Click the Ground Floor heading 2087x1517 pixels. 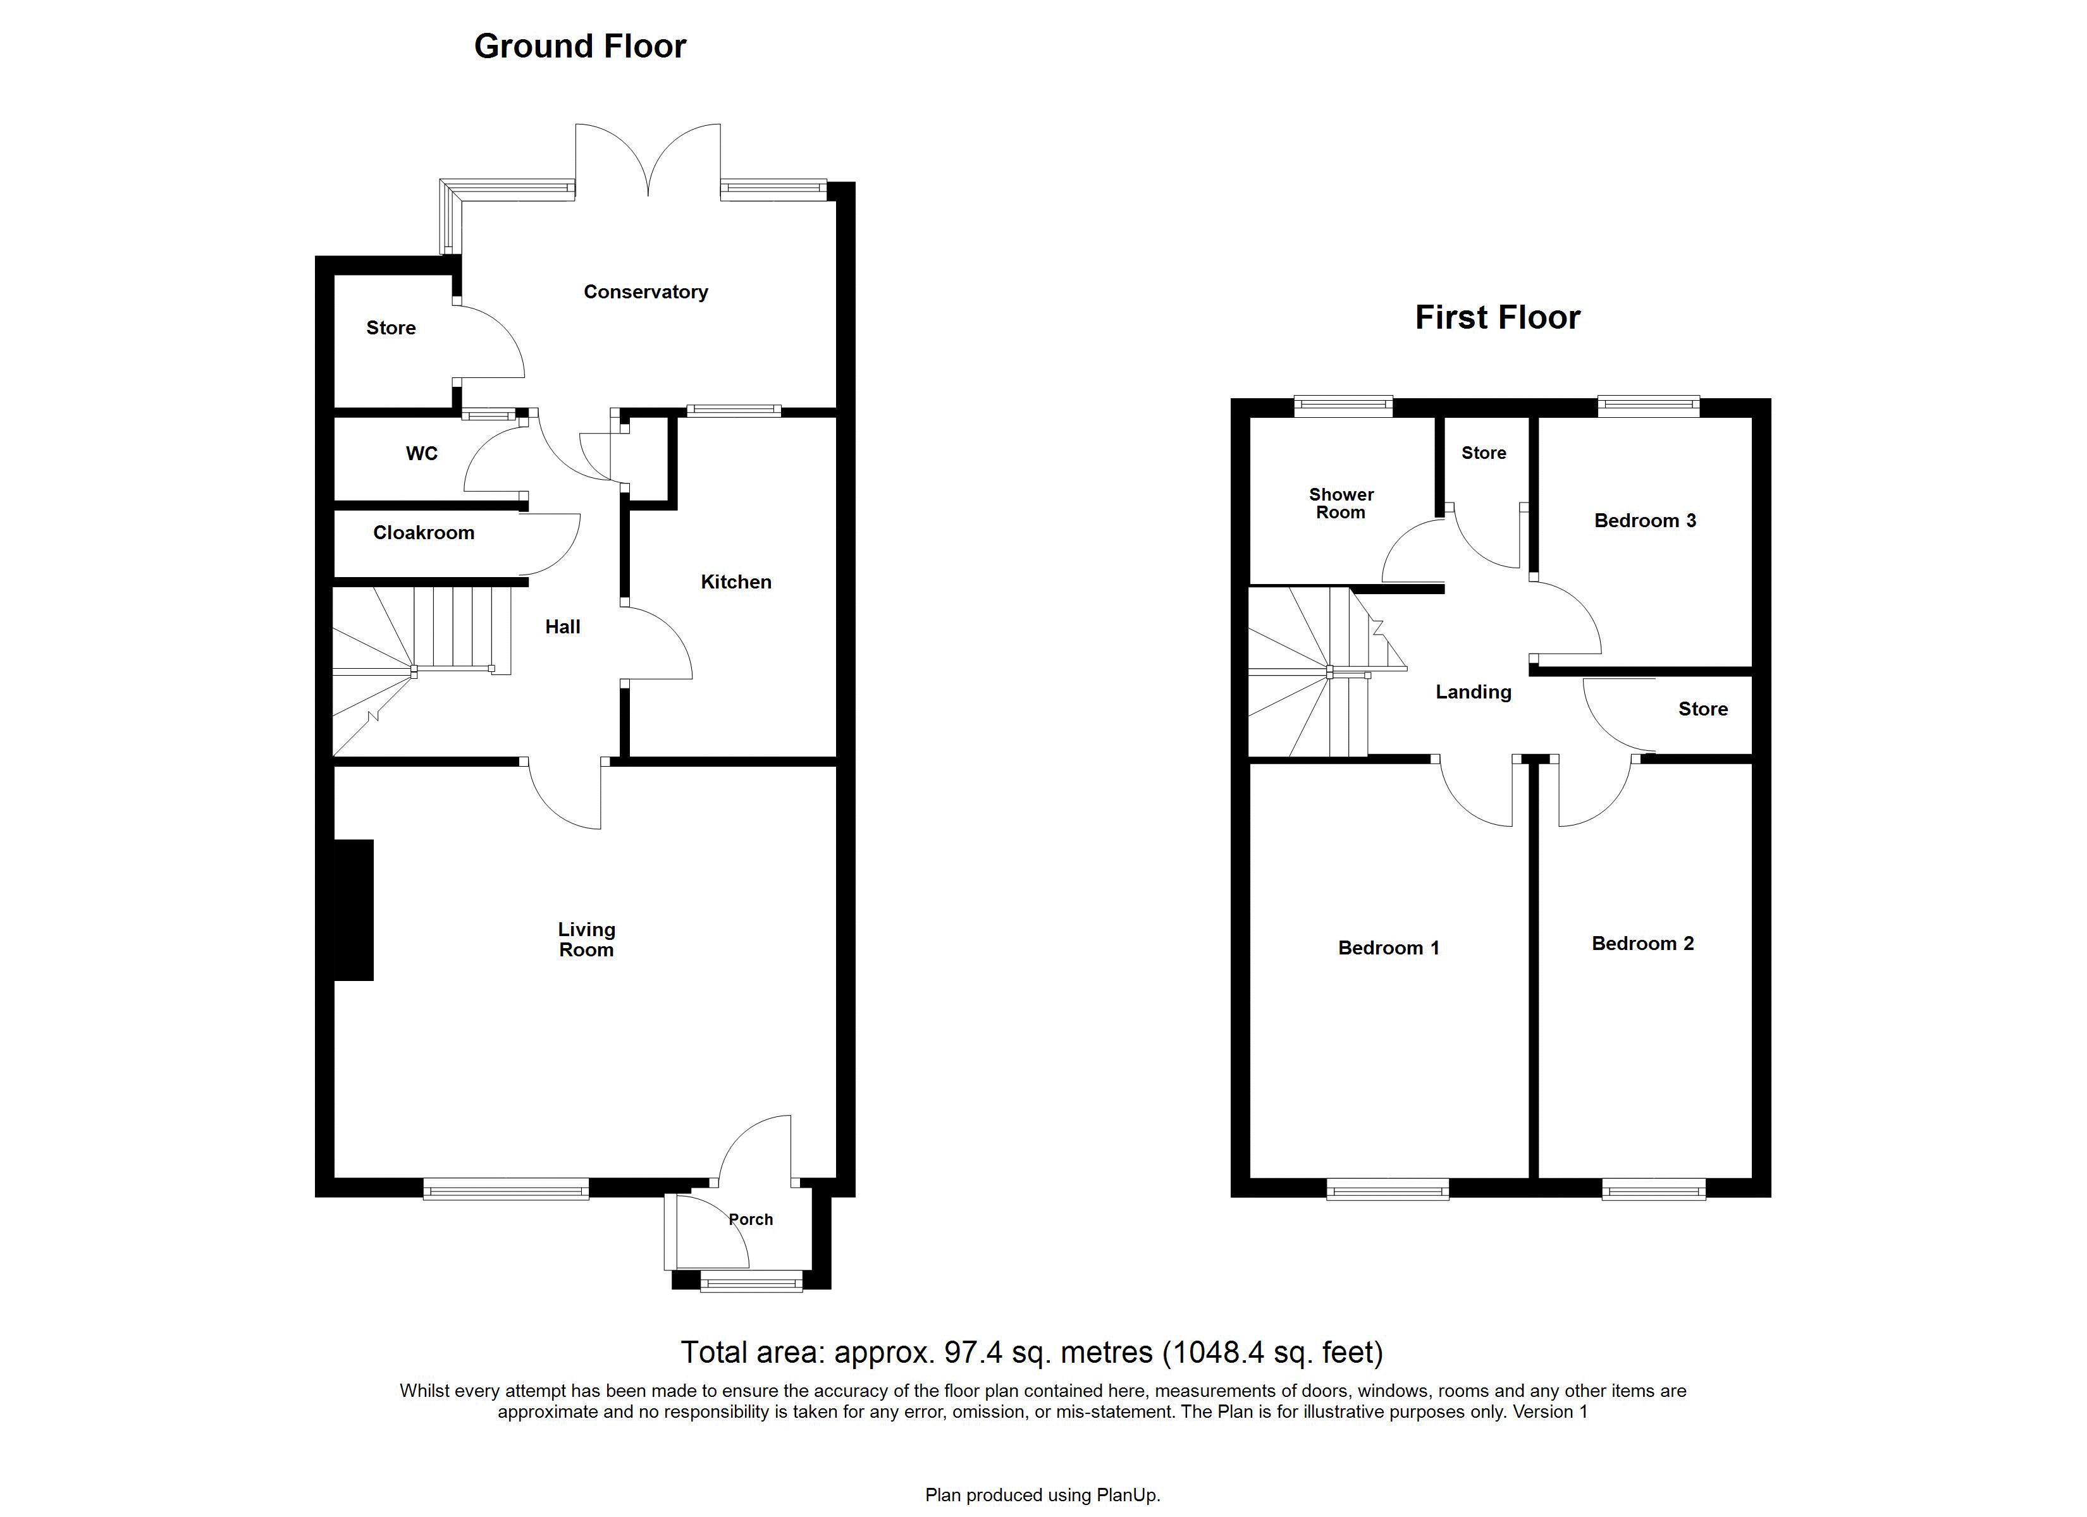point(580,46)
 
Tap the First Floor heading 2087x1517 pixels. point(1497,317)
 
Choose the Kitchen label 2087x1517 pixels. point(736,582)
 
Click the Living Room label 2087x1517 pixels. point(586,940)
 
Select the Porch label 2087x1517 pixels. point(751,1220)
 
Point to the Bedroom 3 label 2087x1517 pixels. point(1646,521)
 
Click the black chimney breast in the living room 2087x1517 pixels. point(354,910)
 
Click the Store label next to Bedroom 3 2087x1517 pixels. point(1484,453)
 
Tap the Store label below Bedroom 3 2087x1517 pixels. point(1703,709)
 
